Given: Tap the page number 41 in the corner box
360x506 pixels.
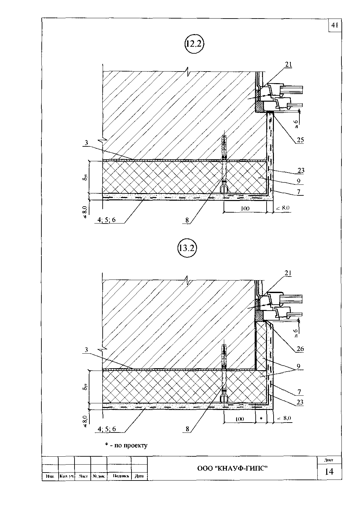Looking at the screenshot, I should click(334, 25).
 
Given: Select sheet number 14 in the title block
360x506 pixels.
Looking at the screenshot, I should click(329, 471).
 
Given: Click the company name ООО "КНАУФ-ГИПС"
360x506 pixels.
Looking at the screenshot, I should click(232, 468).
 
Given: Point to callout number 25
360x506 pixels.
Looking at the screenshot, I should click(300, 140).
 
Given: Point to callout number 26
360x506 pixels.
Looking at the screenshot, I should click(300, 349).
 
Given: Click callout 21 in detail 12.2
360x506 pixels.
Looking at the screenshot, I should click(288, 65).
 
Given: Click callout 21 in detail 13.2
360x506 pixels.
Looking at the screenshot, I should click(288, 273).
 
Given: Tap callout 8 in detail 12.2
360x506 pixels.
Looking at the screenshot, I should click(187, 220).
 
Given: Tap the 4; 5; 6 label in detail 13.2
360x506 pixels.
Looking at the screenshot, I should click(107, 429).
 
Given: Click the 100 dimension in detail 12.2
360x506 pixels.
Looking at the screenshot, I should click(245, 208).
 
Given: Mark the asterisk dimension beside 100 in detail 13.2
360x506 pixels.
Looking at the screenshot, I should click(261, 419).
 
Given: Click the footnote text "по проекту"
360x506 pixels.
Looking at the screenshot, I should click(130, 445).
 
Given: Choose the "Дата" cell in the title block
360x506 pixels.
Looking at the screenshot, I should click(139, 476).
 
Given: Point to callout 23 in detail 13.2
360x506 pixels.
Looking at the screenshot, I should click(300, 402).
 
